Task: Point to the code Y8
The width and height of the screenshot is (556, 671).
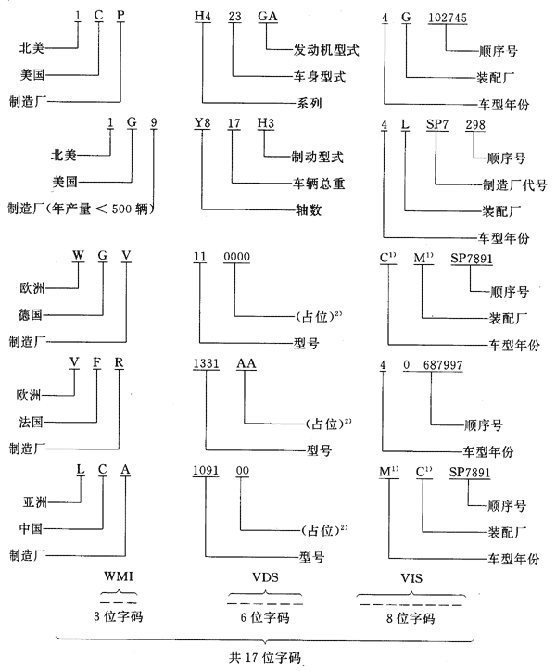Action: [x=203, y=121]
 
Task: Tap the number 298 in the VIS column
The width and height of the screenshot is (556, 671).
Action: [x=475, y=123]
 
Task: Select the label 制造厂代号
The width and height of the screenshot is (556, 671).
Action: [x=513, y=183]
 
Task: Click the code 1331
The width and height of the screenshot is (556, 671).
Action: [x=207, y=365]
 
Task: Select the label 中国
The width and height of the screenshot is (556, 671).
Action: [x=33, y=528]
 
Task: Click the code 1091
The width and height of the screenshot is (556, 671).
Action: [x=207, y=472]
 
